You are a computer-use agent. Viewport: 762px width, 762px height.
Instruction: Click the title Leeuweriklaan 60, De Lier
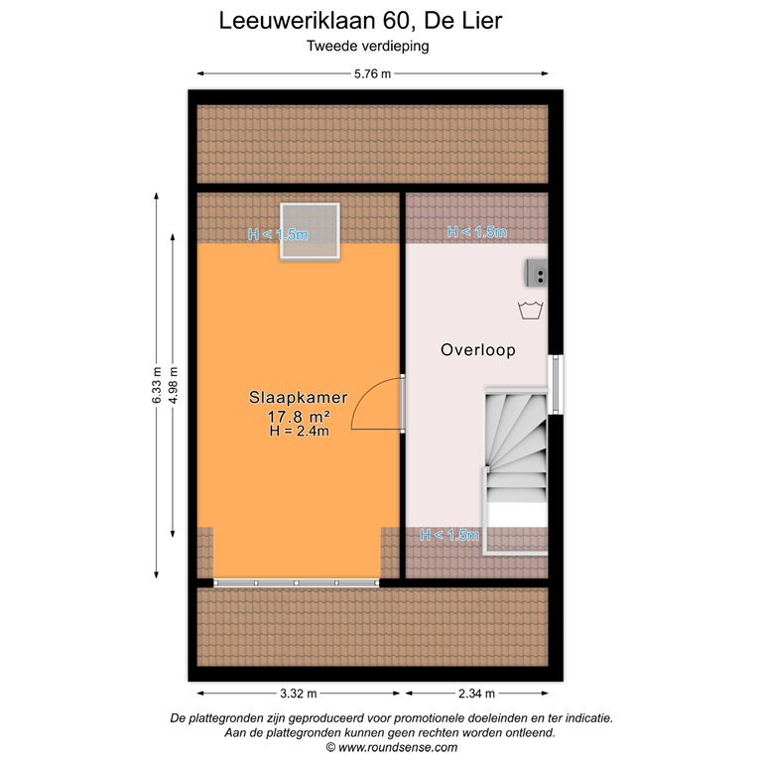pyautogui.click(x=367, y=20)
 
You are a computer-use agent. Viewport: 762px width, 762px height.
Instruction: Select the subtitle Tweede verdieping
pyautogui.click(x=367, y=45)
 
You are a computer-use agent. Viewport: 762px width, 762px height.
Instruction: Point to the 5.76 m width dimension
pyautogui.click(x=372, y=72)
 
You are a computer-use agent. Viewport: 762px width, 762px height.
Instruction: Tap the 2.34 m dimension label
pyautogui.click(x=475, y=694)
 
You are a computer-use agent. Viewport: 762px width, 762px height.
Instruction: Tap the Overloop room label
pyautogui.click(x=478, y=350)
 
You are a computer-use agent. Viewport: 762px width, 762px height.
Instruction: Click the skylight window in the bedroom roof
pyautogui.click(x=310, y=231)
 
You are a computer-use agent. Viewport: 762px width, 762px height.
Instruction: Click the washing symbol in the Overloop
pyautogui.click(x=531, y=311)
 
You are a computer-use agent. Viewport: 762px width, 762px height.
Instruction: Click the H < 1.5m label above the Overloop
pyautogui.click(x=476, y=232)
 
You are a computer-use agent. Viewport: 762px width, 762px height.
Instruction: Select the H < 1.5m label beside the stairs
pyautogui.click(x=449, y=536)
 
